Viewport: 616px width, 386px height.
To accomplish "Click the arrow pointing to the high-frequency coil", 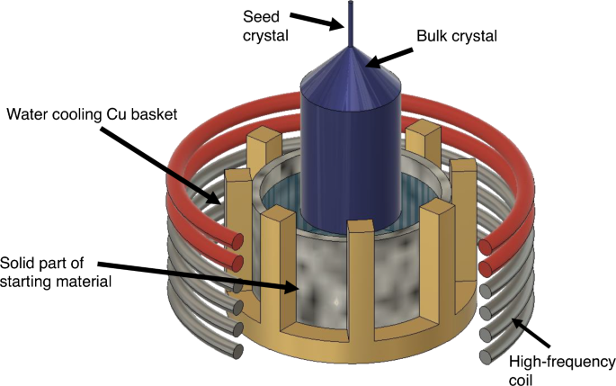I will tap(534, 335).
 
